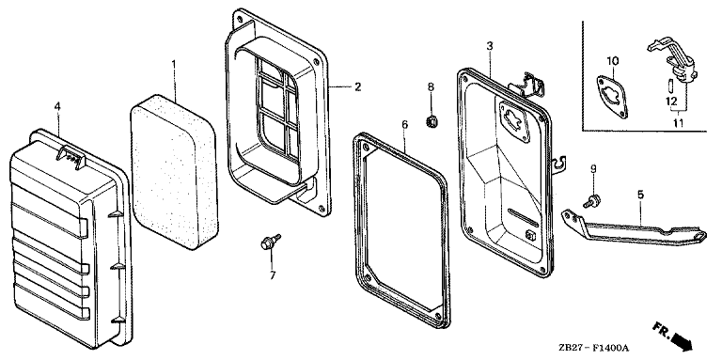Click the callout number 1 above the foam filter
click(x=174, y=64)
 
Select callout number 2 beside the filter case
click(x=358, y=86)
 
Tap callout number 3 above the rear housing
click(x=490, y=45)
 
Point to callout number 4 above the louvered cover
click(x=57, y=106)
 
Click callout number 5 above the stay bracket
click(x=640, y=195)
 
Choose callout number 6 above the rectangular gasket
click(x=405, y=124)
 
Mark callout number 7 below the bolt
click(x=272, y=275)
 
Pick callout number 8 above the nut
click(x=431, y=86)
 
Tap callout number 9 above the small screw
click(x=593, y=169)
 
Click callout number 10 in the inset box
click(x=612, y=61)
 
